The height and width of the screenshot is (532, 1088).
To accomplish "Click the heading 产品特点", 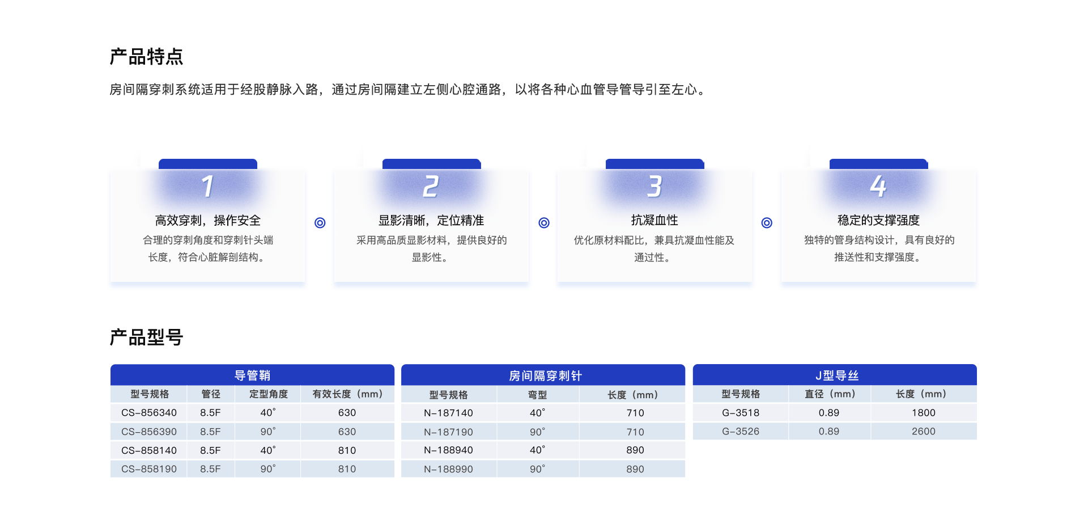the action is tap(146, 57).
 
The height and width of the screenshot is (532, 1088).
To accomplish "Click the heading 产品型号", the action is tap(146, 337).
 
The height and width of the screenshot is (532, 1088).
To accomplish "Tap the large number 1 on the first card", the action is tap(208, 186).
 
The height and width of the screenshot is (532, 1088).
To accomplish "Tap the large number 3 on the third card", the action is tap(655, 186).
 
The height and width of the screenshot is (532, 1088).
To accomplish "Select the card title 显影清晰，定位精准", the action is tap(431, 220).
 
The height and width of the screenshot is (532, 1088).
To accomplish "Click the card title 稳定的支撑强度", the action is tap(878, 220).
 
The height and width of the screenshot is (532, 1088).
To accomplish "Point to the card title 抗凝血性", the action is tap(654, 220).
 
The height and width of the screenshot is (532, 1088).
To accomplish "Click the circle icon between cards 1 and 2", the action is tap(320, 223).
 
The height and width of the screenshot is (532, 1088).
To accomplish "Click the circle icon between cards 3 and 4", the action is tap(767, 223).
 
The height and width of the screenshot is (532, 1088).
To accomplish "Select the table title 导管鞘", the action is tap(252, 375).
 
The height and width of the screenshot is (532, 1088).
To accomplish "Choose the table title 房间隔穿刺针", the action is tap(545, 375).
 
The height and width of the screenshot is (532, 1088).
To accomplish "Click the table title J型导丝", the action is tap(837, 375).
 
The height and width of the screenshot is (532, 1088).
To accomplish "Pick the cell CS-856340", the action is tap(149, 413).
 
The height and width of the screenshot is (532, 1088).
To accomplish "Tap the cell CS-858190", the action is tap(149, 469).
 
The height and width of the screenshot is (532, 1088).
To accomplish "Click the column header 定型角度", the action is tap(269, 394).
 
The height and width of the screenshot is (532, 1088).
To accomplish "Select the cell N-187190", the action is tap(448, 432).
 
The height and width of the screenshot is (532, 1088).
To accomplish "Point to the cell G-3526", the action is tap(741, 432).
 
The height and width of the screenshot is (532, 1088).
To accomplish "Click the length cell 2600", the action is tap(924, 432).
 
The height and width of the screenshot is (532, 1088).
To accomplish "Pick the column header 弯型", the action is tap(538, 395).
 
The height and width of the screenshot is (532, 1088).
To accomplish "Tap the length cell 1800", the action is tap(924, 413).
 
